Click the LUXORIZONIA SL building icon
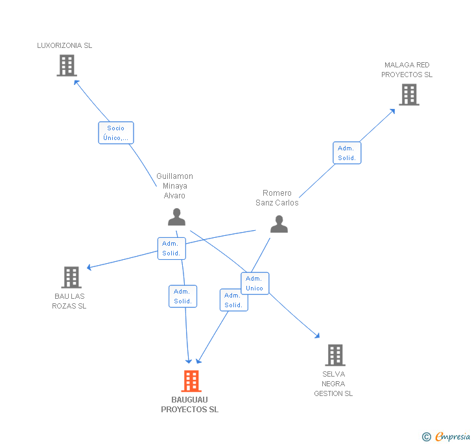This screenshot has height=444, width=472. point(67,65)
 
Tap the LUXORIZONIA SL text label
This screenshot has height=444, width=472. point(64,45)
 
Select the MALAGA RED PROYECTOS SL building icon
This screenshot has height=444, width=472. point(408,95)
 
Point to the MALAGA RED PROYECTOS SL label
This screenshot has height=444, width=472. point(407,70)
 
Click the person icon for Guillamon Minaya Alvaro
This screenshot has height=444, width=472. point(176,217)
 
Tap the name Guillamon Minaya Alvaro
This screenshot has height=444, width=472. point(174,186)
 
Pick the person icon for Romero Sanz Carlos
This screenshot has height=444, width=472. point(279,224)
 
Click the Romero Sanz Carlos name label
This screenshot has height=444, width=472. point(277,198)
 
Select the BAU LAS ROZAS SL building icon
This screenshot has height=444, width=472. point(71,277)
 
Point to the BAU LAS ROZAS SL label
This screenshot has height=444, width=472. point(69,301)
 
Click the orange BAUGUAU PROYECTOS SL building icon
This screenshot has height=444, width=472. point(191,381)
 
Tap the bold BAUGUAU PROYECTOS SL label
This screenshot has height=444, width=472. point(190,404)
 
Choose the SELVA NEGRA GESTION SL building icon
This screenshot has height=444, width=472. point(335,355)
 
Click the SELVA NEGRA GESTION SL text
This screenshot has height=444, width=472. point(333,384)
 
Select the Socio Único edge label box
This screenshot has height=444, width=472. point(116,133)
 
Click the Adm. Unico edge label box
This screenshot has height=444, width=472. point(254,283)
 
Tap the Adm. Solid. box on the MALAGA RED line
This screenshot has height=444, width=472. point(347,153)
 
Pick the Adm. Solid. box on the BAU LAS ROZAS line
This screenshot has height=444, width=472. point(171,248)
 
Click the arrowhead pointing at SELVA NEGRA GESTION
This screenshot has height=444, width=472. point(317,335)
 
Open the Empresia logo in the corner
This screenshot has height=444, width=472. point(447,436)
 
